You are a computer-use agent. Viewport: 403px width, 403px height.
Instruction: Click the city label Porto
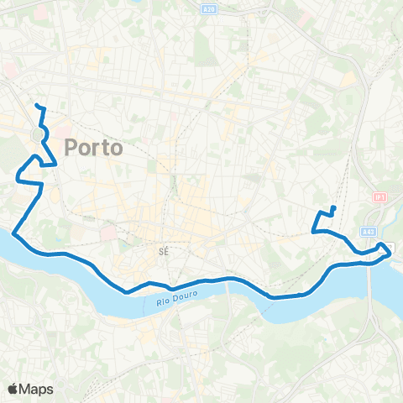point(93,146)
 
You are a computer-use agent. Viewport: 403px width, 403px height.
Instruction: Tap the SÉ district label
point(165,250)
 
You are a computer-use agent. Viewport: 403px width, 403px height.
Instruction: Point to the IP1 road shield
point(379,196)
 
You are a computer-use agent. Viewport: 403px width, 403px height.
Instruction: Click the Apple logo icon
point(13,389)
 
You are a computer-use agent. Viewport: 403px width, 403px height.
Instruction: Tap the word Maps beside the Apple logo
point(37,389)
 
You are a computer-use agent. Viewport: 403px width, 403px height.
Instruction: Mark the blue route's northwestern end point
point(36,105)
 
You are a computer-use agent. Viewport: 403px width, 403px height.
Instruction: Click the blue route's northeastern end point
point(334,207)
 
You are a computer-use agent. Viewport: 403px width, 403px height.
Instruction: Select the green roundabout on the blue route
point(39,134)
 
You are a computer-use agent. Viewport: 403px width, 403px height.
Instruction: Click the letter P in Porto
point(70,146)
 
